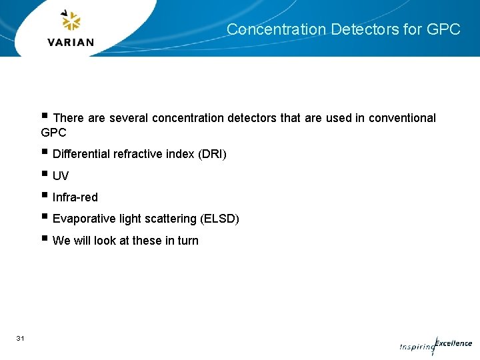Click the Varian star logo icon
coord(70,21)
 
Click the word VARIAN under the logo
coord(71,42)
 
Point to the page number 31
coord(20,339)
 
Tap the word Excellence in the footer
coord(453,343)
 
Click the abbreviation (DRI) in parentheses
coord(212,155)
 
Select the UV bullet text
coord(61,176)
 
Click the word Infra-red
coord(75,197)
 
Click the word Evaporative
coord(84,219)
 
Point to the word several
coord(129,118)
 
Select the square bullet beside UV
coord(44,175)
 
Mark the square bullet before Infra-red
coord(44,196)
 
